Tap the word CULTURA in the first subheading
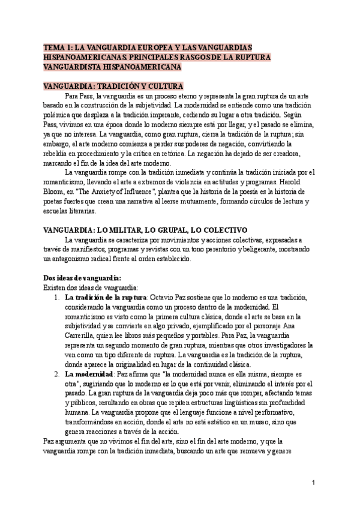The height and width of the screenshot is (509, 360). pos(163,86)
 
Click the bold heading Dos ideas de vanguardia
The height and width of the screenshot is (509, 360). pos(82,277)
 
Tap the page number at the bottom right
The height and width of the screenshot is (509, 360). pos(314,482)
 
